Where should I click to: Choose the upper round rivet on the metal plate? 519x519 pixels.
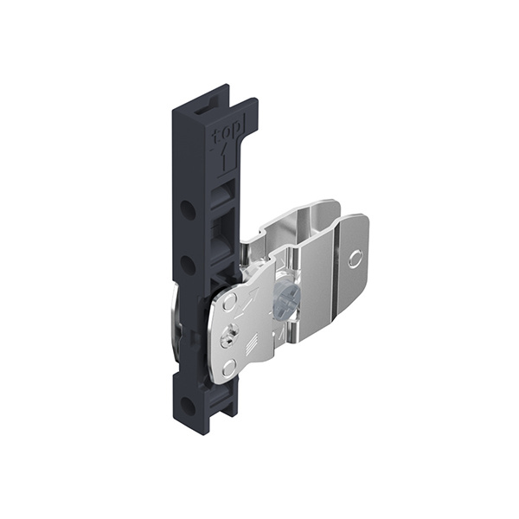pyautogui.click(x=229, y=302)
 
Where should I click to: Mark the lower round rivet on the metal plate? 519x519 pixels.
pyautogui.click(x=228, y=368)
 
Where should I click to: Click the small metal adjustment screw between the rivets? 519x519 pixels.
pyautogui.click(x=227, y=337)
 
